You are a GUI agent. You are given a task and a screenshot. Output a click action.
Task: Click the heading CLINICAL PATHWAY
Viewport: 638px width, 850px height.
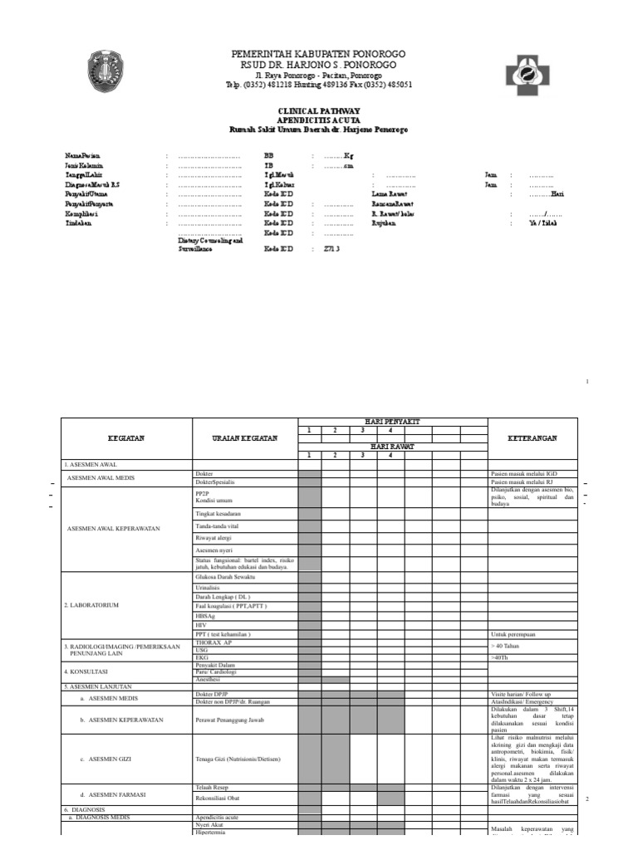point(318,110)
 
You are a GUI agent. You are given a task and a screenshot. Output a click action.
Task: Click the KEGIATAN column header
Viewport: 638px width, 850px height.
point(126,437)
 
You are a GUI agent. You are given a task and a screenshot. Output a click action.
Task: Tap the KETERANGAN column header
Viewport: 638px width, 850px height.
point(532,437)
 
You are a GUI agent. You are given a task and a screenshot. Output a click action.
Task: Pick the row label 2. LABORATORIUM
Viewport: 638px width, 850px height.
point(92,605)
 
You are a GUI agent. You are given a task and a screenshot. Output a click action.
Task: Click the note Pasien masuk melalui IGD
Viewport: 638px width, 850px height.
point(523,473)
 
